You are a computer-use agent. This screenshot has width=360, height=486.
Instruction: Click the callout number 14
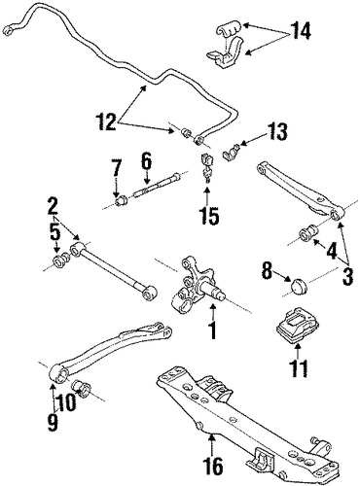click(x=301, y=30)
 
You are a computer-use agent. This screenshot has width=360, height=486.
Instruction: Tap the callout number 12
click(x=106, y=121)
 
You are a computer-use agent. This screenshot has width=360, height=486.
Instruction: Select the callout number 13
click(x=276, y=131)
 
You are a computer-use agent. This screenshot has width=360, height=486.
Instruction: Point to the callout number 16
click(x=214, y=466)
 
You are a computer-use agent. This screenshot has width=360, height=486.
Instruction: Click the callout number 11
click(x=299, y=367)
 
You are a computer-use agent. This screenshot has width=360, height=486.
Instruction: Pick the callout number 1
click(x=212, y=330)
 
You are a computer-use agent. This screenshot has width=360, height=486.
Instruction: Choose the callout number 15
click(x=209, y=215)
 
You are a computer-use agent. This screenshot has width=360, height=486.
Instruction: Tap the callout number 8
click(x=267, y=271)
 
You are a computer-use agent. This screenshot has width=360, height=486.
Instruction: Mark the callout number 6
click(x=147, y=162)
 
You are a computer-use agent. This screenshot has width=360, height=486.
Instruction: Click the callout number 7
click(x=116, y=168)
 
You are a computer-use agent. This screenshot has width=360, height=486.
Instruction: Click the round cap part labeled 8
click(x=299, y=286)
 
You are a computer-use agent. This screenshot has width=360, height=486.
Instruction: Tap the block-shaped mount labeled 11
click(x=296, y=326)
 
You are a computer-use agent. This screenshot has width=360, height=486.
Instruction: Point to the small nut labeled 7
click(x=122, y=201)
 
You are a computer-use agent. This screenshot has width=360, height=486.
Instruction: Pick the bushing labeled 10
click(x=82, y=389)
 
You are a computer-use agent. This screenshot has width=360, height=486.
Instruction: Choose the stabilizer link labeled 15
click(x=207, y=166)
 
